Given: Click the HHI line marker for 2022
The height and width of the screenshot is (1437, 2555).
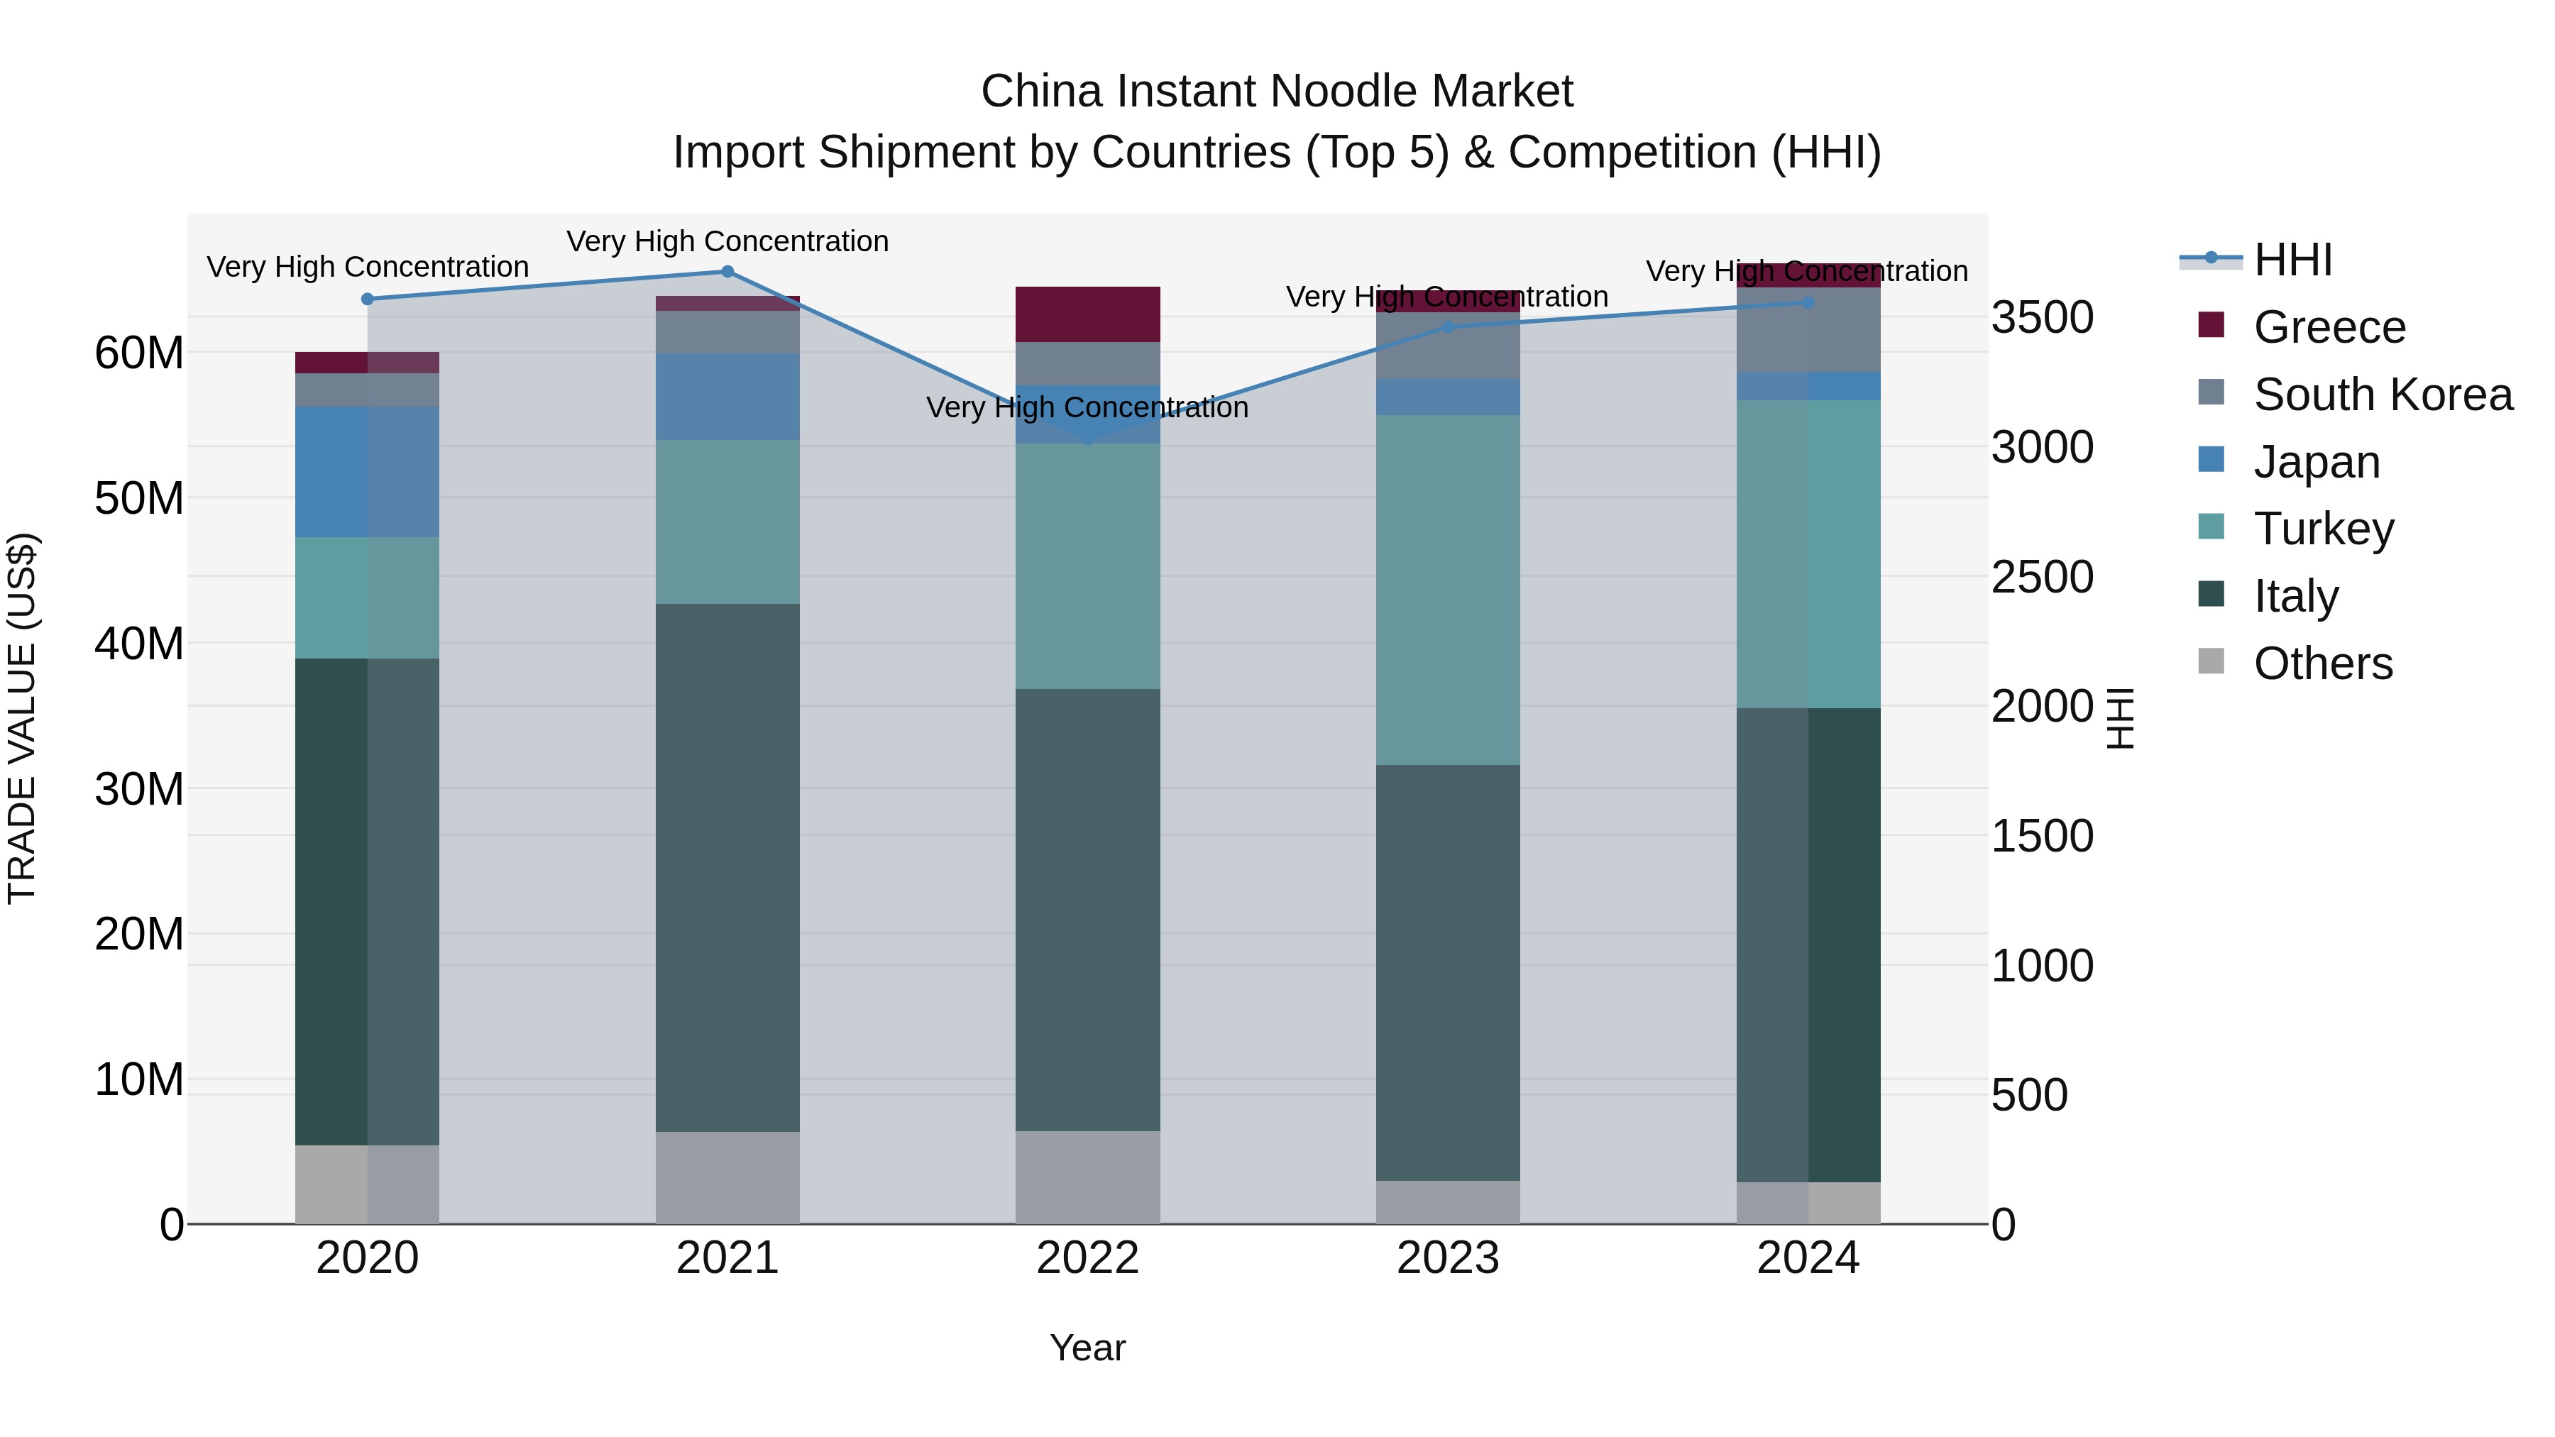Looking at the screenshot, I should click(1087, 439).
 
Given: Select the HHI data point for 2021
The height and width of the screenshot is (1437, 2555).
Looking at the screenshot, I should click(727, 272).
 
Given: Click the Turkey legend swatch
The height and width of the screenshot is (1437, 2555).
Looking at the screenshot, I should click(2211, 527).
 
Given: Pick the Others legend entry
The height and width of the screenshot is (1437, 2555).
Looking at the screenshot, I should click(2322, 664).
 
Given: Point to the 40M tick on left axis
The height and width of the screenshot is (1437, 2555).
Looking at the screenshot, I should click(139, 644).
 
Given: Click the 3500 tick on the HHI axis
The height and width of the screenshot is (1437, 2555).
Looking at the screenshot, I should click(2042, 319).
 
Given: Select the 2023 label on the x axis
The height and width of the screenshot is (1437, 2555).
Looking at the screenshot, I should click(1447, 1258).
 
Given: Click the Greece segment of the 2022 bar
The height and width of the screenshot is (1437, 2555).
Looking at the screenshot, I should click(1087, 314).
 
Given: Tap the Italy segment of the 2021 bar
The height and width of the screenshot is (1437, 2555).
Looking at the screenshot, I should click(727, 868).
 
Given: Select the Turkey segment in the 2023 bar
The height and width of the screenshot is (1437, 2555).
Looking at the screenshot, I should click(1447, 590).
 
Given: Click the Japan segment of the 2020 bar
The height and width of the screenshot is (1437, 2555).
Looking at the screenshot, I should click(367, 472).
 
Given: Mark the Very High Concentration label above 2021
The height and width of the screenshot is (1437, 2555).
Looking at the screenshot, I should click(727, 241).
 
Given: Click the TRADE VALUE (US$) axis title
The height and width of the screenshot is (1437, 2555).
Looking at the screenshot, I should click(22, 718).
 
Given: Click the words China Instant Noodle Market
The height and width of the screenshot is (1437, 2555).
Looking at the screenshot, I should click(1277, 92).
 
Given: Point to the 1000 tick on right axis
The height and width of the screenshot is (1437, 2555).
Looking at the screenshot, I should click(2042, 966).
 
